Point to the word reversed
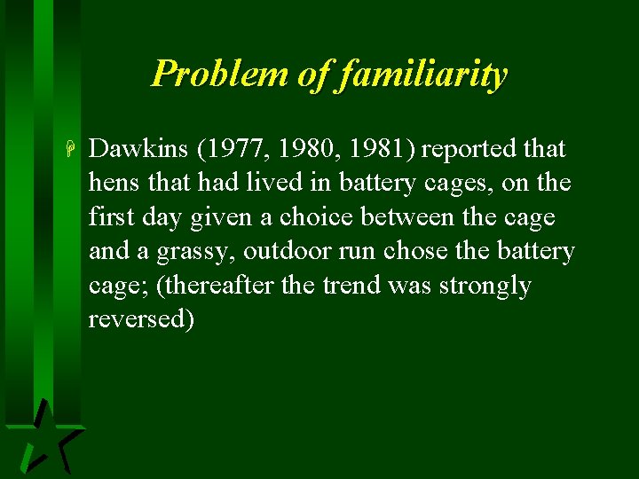coord(140,319)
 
